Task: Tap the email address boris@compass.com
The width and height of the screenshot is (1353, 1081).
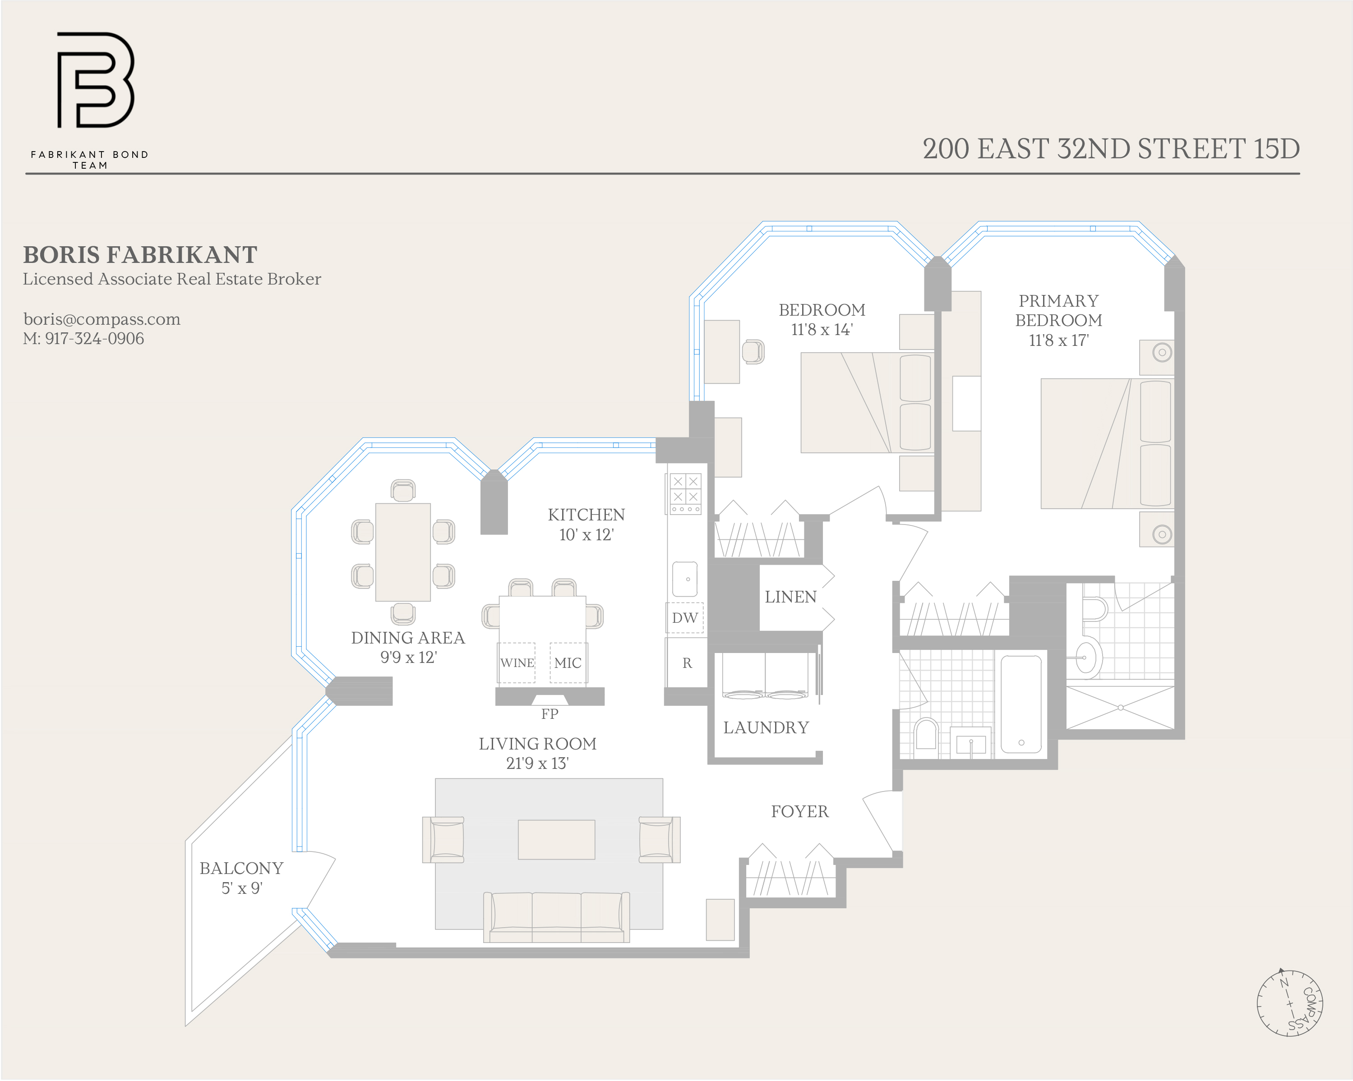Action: coord(102,319)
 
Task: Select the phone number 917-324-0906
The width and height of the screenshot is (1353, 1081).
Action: coord(94,339)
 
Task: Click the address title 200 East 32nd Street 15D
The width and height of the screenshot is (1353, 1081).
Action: coord(1110,149)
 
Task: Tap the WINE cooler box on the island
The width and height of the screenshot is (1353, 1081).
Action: coord(517,662)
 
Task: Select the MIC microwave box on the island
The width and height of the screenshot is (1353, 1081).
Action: coord(568,662)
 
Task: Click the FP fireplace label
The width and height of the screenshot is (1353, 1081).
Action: coord(550,714)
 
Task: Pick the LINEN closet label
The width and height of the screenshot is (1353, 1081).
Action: coord(790,597)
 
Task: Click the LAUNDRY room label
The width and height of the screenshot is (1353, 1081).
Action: coord(766,728)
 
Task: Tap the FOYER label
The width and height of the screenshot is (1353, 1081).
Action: coord(799,811)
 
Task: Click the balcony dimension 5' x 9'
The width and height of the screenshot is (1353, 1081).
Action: coord(242,888)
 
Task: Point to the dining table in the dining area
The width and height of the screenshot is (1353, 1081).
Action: coord(403,552)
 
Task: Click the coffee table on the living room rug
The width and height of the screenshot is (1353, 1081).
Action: coord(556,839)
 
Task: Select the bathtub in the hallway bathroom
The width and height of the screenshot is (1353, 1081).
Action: coord(1021,704)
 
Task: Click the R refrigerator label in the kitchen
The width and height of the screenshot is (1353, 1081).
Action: coord(687,663)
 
